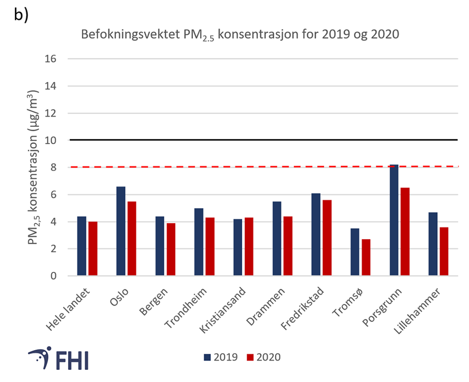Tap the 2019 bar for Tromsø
(355, 252)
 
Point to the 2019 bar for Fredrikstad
(316, 234)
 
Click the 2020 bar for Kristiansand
(249, 246)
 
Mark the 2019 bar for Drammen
(277, 238)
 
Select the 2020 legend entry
(264, 357)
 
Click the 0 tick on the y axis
(53, 276)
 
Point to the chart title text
(240, 35)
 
